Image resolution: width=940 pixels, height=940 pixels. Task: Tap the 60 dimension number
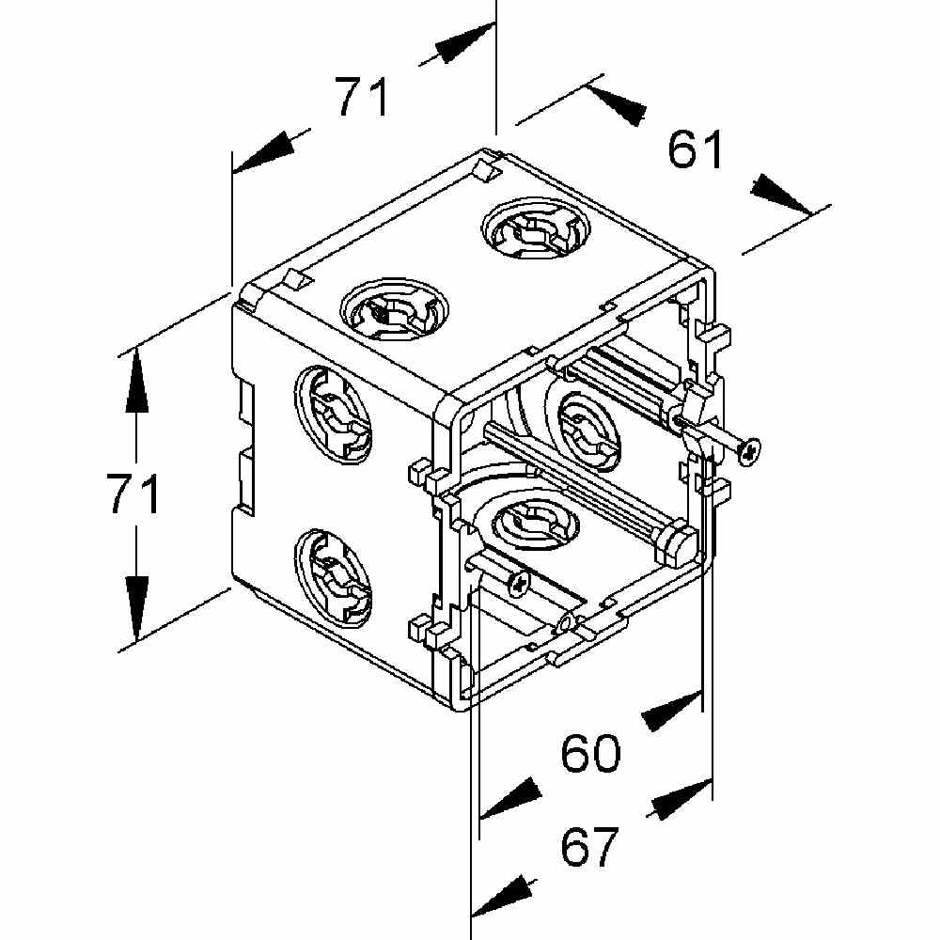pos(590,754)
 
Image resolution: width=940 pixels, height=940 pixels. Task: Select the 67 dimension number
pos(588,847)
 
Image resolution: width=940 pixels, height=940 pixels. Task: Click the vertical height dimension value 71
pos(133,494)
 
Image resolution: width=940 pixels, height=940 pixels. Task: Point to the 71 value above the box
pos(363,97)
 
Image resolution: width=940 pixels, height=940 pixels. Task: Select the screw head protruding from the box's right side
pos(749,451)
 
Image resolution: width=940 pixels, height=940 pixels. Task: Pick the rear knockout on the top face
pos(536,230)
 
